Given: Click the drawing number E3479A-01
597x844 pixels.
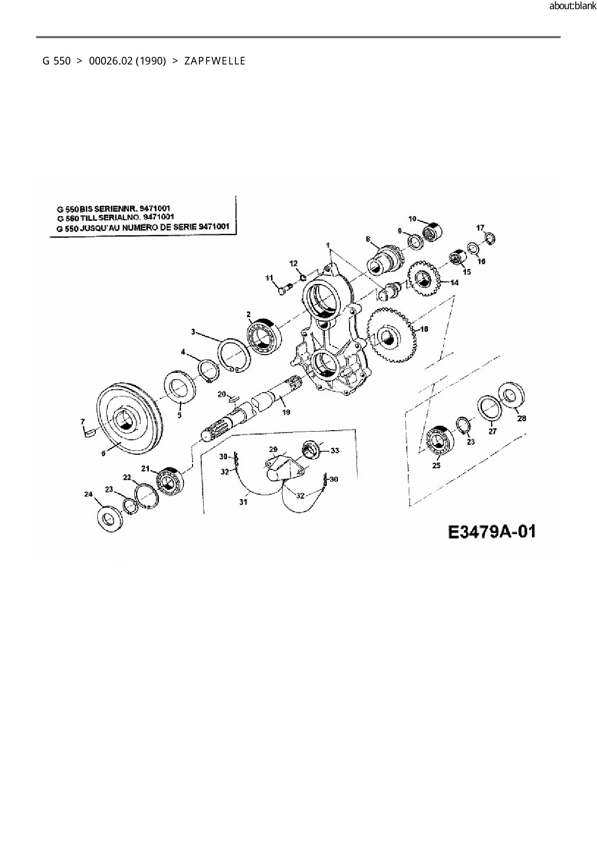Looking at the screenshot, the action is point(492,533).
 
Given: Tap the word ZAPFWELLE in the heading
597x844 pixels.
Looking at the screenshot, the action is point(215,61).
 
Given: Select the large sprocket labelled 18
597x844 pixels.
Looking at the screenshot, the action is point(391,335).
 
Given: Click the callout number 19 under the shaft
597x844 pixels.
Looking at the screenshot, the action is point(286,412).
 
